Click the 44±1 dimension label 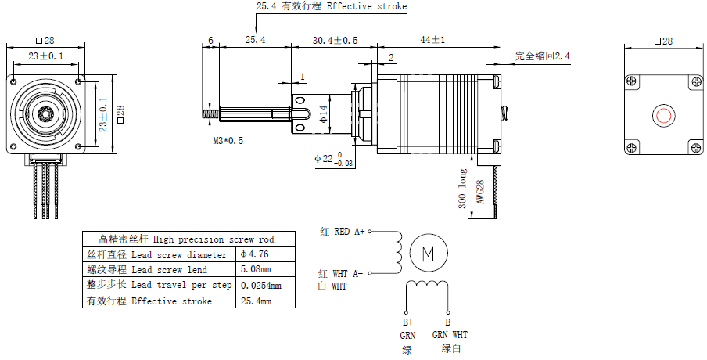[x=432, y=39]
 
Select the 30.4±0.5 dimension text [x=335, y=39]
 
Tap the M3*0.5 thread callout [x=228, y=141]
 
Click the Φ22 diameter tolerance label [x=333, y=159]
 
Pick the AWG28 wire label [x=480, y=193]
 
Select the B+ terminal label [x=407, y=322]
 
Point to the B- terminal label [x=450, y=322]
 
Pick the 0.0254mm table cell [x=261, y=286]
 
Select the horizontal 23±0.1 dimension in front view [x=46, y=56]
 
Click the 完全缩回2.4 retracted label [x=542, y=56]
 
